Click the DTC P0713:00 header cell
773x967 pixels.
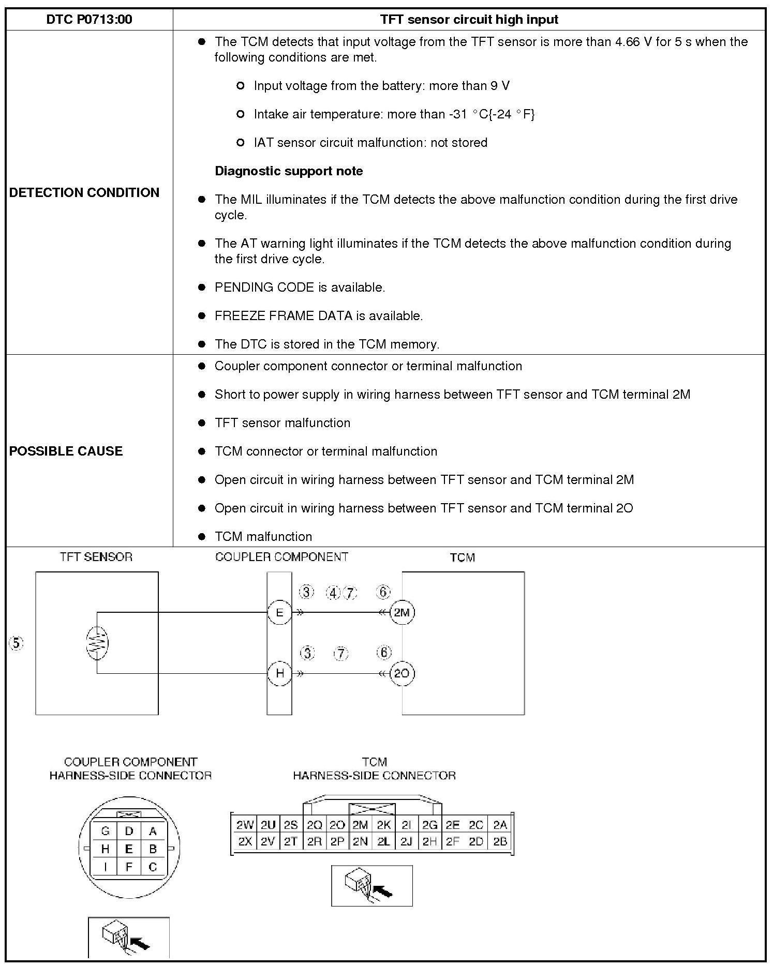pos(89,20)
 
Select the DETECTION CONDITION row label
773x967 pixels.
pos(84,192)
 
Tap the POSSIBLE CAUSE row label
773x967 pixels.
pos(66,451)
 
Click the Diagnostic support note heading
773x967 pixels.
pos(289,171)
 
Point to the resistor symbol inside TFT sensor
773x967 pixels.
pos(97,643)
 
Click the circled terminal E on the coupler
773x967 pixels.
pos(279,613)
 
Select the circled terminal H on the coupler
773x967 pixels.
pos(279,673)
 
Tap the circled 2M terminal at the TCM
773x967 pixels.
pos(402,613)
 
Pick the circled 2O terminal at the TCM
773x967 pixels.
pos(402,673)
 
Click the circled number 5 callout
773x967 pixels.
pos(17,643)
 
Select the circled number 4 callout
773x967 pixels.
pos(333,593)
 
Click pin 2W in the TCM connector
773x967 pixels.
pos(245,825)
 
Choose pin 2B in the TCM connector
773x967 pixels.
pos(500,841)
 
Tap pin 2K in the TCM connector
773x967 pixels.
pos(383,825)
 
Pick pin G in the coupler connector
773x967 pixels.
pos(105,831)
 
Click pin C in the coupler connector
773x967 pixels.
pos(153,867)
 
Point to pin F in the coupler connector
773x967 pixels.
pos(129,867)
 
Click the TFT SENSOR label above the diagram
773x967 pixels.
pos(96,557)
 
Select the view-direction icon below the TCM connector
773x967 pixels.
pos(371,885)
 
